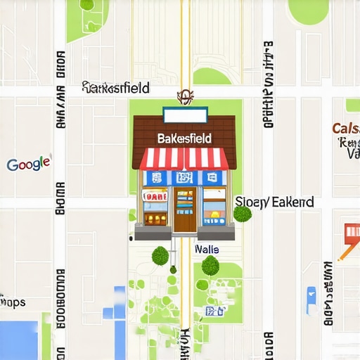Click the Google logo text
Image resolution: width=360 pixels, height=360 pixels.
pos(29,164)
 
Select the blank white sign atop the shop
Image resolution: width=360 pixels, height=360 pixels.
pos(185,115)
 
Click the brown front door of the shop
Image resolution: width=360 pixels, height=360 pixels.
pos(185,210)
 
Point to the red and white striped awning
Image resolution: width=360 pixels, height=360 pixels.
pos(184,158)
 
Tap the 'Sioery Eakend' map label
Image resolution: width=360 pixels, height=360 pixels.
pos(274,202)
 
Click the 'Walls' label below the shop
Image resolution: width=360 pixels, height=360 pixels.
pos(206,250)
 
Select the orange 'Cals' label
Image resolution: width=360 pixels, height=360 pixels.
pos(345,129)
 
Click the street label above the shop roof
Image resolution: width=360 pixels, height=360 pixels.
pos(116,88)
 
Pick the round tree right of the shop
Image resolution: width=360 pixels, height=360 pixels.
pos(242,213)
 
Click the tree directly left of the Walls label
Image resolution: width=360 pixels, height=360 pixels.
pos(161,255)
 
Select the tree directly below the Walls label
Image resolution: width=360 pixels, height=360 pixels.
pos(210,265)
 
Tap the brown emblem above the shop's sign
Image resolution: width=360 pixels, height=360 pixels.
pos(185,96)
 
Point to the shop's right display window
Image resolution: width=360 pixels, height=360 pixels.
pos(214,207)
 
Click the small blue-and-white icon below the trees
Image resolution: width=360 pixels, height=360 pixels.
pos(211,311)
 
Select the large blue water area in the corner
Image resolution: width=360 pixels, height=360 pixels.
pos(18,340)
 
